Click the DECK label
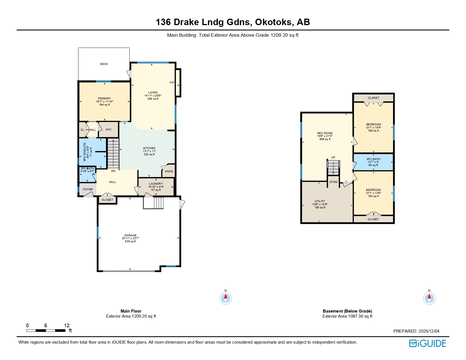pos(104,64)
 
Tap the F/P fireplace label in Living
pos(172,83)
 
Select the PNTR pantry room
pos(169,172)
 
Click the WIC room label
pos(108,130)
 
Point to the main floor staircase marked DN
pos(113,154)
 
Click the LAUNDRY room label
pos(156,184)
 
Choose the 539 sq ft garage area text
pos(130,241)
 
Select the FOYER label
pos(88,189)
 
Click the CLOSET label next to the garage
pos(107,200)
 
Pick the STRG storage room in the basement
pos(334,182)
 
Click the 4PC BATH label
pos(373,159)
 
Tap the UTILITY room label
pos(320,201)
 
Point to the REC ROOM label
pos(325,133)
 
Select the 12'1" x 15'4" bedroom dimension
pos(373,128)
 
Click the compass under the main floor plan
pos(226,298)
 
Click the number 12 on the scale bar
pos(67,326)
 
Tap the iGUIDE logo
pos(427,343)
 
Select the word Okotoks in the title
pos(273,22)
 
